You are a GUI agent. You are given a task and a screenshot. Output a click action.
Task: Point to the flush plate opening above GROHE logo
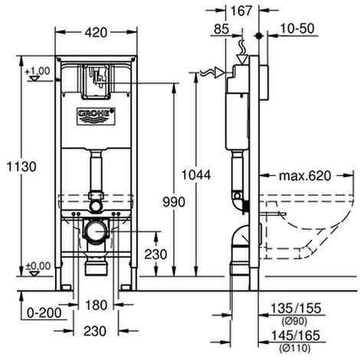(96, 80)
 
